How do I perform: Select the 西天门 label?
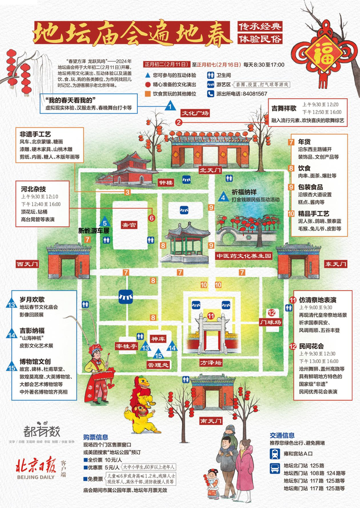tap(27, 264)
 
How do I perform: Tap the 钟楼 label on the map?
tap(166, 183)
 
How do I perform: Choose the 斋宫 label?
tap(129, 225)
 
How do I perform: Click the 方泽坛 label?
tap(210, 362)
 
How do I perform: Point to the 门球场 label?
tap(271, 322)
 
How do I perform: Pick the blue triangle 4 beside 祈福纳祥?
tap(223, 197)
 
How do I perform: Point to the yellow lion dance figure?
tap(140, 414)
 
